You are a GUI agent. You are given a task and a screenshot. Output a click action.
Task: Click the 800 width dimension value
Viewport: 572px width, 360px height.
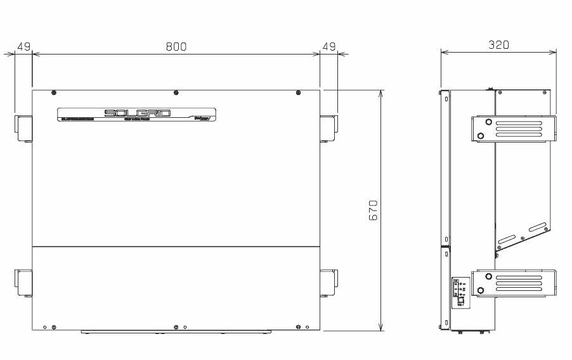click(176, 46)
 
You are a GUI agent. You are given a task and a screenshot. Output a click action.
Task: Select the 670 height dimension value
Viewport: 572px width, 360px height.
click(374, 210)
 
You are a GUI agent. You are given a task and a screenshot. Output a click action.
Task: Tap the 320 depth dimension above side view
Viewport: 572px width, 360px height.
click(498, 45)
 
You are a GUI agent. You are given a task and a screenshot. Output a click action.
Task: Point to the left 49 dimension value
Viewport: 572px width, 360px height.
click(23, 46)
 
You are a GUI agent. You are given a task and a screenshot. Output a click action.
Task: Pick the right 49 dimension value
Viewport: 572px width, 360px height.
click(329, 46)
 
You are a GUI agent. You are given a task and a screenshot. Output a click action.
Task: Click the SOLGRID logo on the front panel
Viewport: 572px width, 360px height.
click(137, 113)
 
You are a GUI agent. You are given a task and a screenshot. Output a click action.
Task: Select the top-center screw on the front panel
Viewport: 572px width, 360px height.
click(176, 93)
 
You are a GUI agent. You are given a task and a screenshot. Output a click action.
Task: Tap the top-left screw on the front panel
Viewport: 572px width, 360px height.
click(53, 93)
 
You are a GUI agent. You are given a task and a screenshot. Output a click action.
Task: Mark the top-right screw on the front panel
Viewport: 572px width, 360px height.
click(298, 93)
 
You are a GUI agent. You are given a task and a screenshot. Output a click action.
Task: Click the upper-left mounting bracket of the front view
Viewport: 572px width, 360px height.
click(23, 128)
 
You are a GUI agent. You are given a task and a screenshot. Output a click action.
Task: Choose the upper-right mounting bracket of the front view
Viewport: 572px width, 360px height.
click(328, 128)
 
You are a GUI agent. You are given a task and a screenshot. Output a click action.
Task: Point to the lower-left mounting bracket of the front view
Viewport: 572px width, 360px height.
click(23, 283)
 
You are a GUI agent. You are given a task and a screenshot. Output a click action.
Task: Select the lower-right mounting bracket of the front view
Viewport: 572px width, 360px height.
click(328, 283)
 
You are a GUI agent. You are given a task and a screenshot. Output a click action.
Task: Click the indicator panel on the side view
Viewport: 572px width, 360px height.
click(460, 292)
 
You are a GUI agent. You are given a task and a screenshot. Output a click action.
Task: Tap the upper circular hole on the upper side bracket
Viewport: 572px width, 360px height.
click(488, 122)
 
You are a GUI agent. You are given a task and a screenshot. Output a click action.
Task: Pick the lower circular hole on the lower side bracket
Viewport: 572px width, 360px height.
click(480, 290)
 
